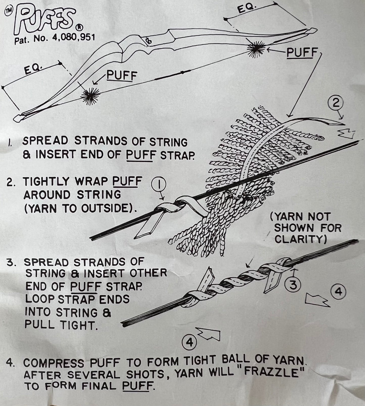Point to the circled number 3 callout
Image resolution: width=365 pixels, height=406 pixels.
[293, 286]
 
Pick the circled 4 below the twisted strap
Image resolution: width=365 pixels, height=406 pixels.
[189, 343]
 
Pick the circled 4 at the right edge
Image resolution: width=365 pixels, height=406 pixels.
[338, 292]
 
